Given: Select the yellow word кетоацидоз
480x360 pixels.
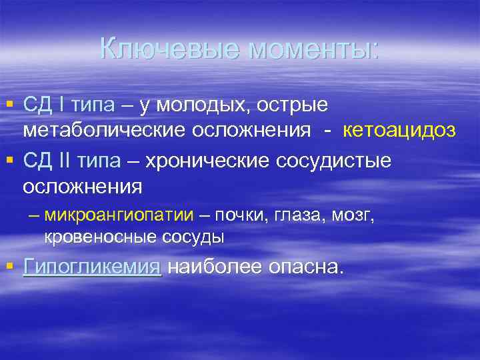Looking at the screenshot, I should (399, 130).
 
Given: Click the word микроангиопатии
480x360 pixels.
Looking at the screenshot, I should (119, 215).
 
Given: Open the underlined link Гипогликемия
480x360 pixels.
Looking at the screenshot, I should (92, 268).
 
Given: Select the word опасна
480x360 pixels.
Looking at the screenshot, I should (307, 268).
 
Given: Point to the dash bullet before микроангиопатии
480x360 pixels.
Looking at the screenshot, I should (33, 215).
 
